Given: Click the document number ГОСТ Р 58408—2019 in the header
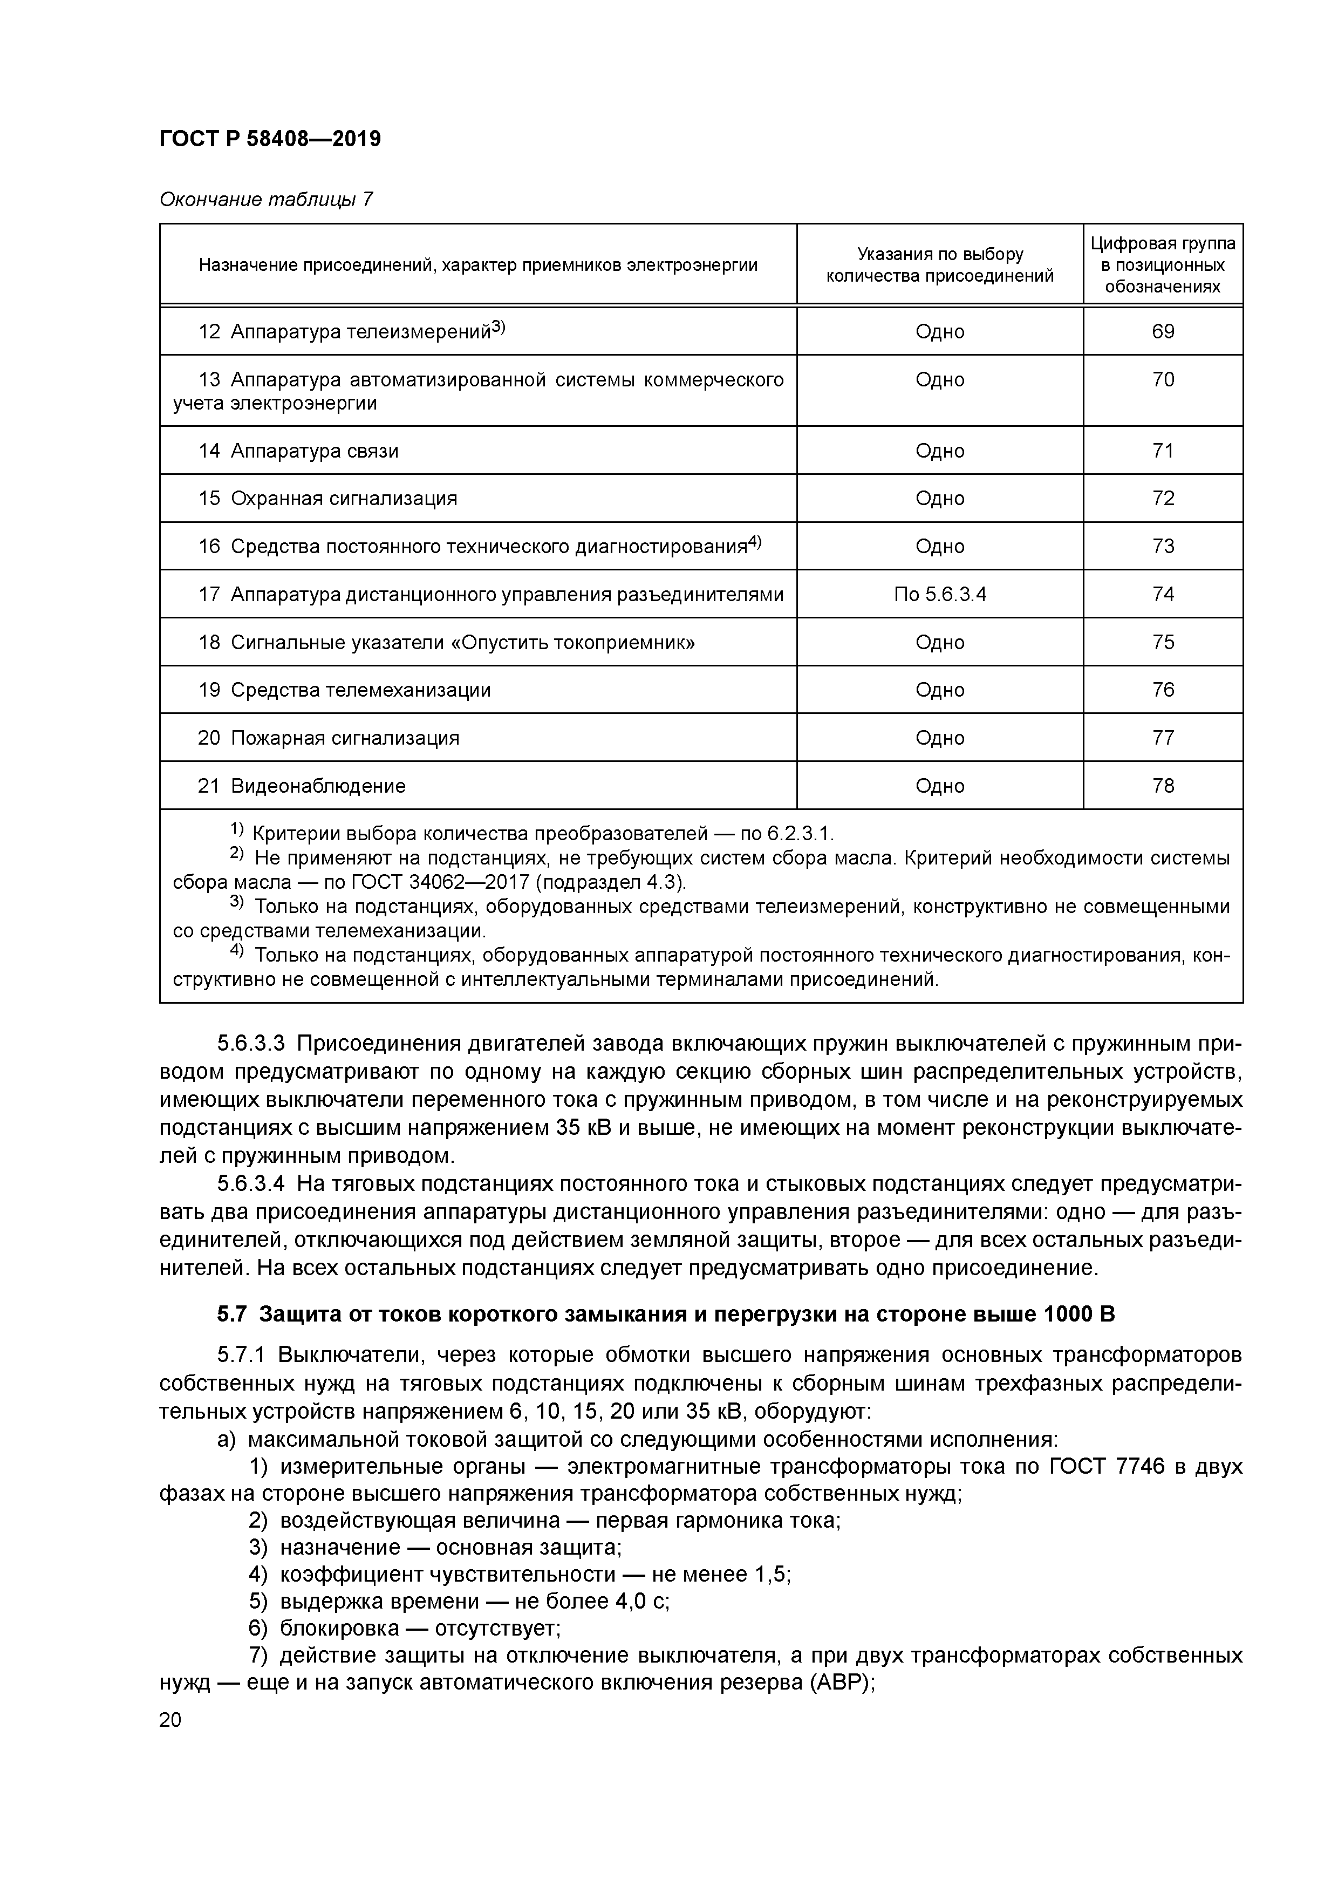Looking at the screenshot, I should (270, 139).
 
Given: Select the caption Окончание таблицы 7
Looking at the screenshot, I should (265, 200).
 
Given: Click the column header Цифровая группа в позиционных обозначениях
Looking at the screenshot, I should (1163, 264).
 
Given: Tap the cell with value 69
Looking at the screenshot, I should (1163, 331).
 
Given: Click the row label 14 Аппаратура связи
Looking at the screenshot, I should (298, 450).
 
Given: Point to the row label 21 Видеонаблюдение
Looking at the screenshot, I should (302, 786).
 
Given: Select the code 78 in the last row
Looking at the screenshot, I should (1163, 786).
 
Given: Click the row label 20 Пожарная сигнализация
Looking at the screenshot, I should (328, 738).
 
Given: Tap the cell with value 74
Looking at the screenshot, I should (1163, 594).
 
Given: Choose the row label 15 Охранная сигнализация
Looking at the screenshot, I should (327, 498).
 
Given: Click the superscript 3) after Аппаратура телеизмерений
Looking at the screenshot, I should (498, 328).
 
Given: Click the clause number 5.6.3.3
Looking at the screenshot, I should (251, 1044).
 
